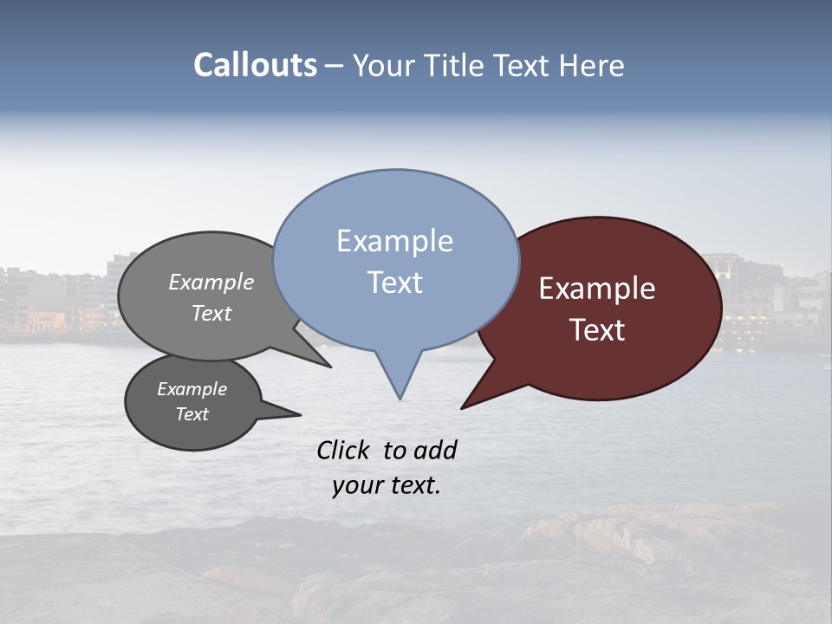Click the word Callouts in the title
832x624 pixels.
[x=255, y=65]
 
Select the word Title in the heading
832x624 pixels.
[x=457, y=65]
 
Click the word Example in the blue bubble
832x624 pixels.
[x=394, y=241]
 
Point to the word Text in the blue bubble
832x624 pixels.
[x=394, y=283]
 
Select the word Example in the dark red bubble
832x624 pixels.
[x=597, y=289]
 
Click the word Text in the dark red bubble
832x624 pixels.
[x=597, y=330]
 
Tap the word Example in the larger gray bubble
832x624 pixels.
[x=211, y=283]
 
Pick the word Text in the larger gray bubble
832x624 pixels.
[x=211, y=313]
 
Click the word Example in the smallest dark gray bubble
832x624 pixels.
[x=192, y=389]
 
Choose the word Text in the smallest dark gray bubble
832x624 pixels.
[x=192, y=414]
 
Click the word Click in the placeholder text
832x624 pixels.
[x=343, y=450]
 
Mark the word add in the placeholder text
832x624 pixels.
[x=435, y=450]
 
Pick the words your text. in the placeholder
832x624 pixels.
[x=386, y=485]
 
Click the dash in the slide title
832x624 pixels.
[x=335, y=65]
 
